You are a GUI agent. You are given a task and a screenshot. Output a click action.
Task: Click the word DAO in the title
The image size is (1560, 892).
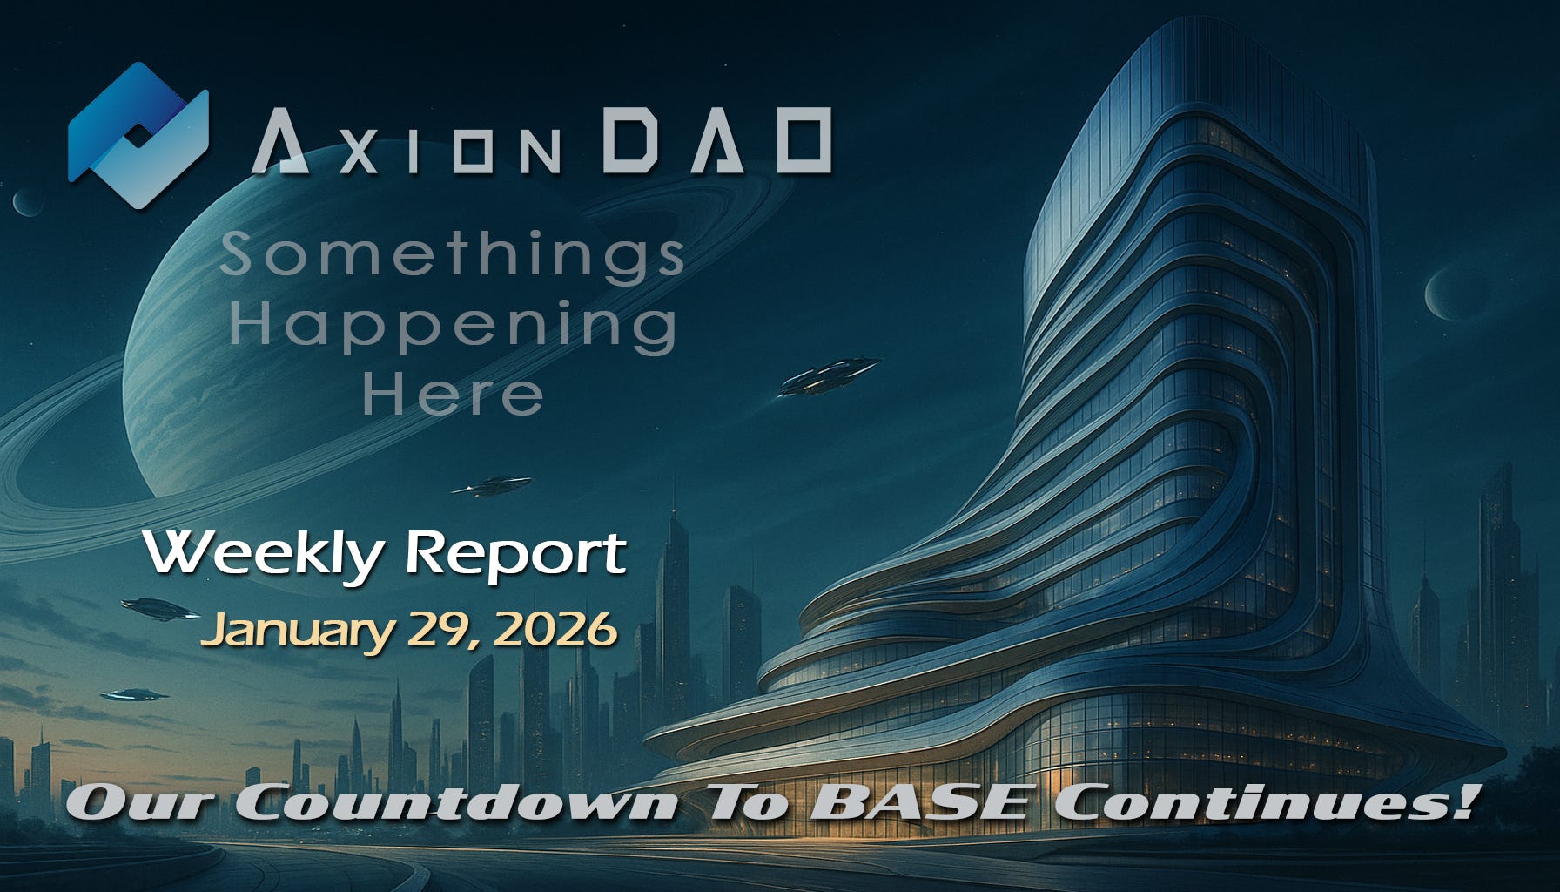tap(716, 141)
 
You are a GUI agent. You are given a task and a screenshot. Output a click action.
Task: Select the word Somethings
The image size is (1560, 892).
tap(453, 255)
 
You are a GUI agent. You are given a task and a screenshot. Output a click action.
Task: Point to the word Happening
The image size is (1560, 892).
tap(453, 327)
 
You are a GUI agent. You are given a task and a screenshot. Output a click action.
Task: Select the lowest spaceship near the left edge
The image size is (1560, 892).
tap(135, 694)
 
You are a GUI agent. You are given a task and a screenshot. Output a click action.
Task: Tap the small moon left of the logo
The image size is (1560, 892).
tap(24, 204)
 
